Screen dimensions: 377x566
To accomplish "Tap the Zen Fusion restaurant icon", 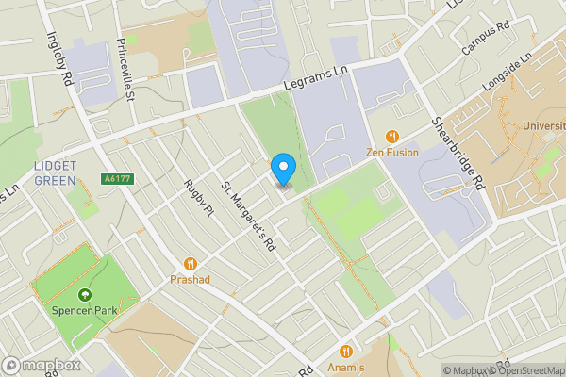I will (x=393, y=136).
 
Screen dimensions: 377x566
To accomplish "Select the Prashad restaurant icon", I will (x=190, y=264).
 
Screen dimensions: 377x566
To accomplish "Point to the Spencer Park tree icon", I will (x=85, y=294).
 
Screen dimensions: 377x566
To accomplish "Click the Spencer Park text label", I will (x=85, y=310).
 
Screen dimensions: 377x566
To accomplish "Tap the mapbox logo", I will (x=42, y=365).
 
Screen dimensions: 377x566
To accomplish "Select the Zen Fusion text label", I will (x=393, y=152).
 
